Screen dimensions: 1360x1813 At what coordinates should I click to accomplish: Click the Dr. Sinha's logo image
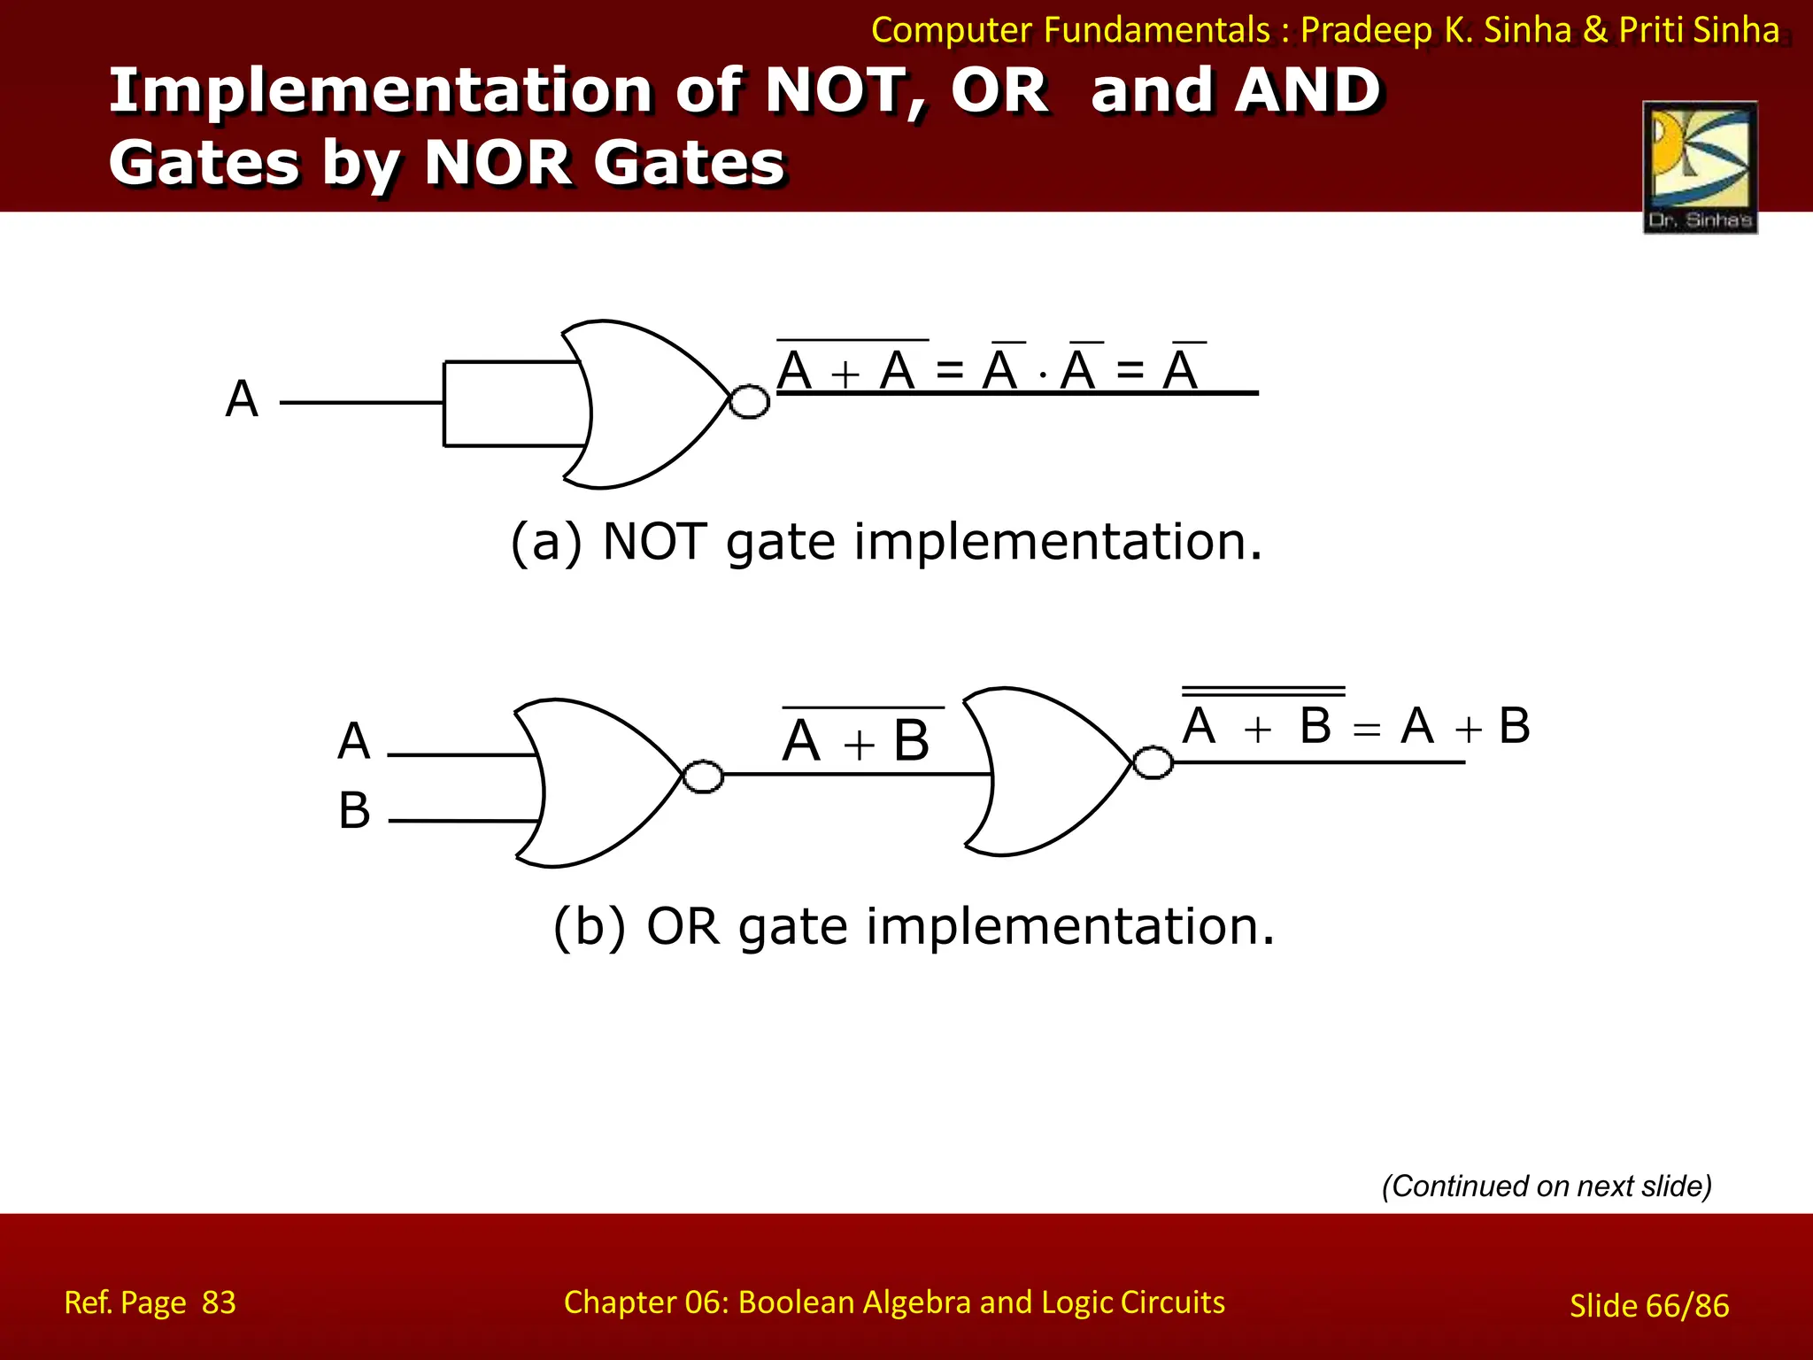coord(1700,167)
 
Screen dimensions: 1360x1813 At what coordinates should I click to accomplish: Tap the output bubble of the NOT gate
coord(749,402)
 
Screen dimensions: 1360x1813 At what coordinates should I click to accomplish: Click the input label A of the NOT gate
coord(242,399)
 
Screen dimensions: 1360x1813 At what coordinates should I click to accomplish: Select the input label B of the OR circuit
coord(354,810)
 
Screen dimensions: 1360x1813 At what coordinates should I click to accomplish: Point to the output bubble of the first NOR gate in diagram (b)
coord(704,777)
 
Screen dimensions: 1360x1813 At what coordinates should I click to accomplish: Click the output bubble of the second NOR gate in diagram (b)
coord(1153,762)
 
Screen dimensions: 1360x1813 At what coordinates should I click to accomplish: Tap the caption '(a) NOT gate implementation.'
coord(886,542)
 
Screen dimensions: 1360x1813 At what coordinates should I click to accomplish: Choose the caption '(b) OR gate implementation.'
coord(914,927)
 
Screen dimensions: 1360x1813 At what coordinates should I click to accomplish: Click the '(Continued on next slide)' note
coord(1547,1186)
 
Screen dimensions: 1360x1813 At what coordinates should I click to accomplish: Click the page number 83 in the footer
coord(219,1302)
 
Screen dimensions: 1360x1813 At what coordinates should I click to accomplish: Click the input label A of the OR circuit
coord(354,741)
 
